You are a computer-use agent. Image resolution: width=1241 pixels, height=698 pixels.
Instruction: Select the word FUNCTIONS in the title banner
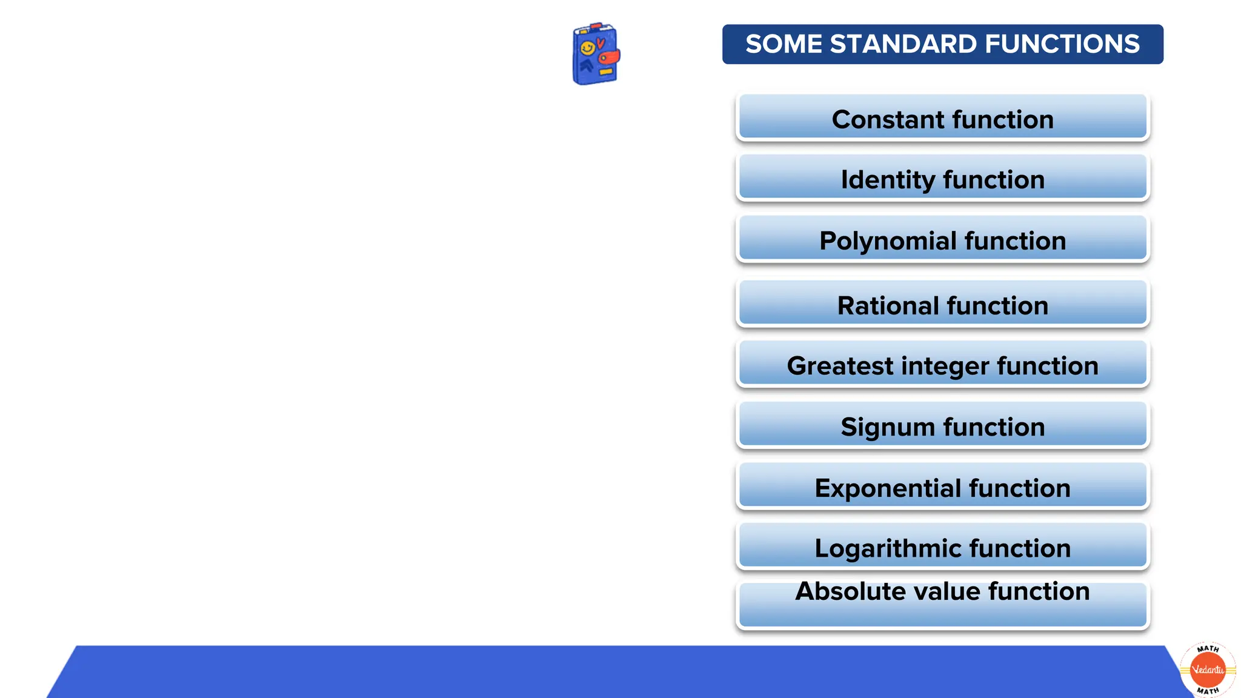[1062, 44]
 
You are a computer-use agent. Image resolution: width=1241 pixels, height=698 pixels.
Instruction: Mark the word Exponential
[887, 488]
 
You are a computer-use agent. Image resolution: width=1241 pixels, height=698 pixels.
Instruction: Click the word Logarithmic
[887, 549]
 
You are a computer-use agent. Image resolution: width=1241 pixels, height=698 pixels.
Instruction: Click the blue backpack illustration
[596, 55]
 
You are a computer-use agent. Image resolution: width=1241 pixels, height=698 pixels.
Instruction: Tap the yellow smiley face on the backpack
[587, 48]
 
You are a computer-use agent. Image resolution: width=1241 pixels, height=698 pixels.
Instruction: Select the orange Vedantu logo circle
[1208, 670]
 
